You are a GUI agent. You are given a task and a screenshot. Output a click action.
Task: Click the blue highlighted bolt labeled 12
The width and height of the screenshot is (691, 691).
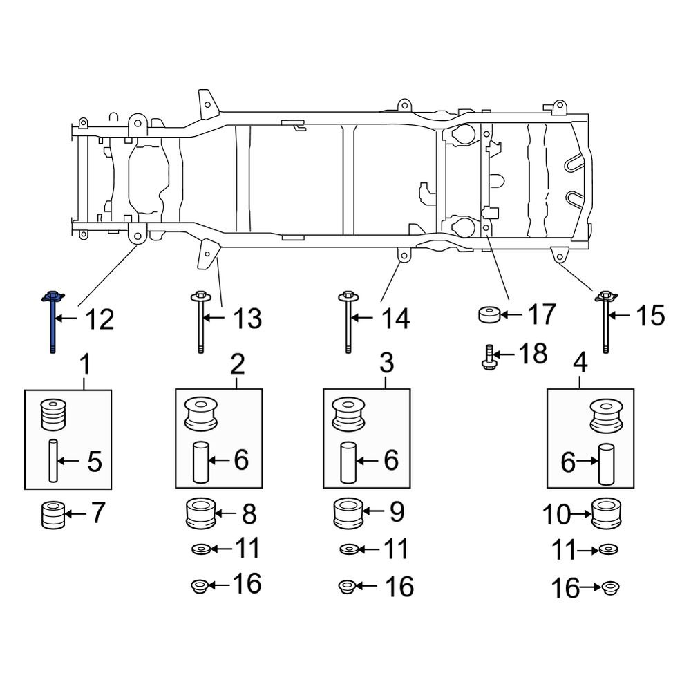(53, 321)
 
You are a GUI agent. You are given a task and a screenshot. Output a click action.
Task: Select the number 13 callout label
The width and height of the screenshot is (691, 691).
(246, 319)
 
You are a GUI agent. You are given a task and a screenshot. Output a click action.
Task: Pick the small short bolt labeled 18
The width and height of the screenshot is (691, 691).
(486, 357)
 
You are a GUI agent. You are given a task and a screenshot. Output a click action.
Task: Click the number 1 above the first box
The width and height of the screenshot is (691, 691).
(86, 361)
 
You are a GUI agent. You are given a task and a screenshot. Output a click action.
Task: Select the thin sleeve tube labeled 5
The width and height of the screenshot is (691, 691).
(53, 460)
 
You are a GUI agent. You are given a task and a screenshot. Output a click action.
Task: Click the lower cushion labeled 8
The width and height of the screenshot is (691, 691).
(202, 515)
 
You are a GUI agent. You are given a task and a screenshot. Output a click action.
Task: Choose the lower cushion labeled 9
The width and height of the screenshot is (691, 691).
(349, 513)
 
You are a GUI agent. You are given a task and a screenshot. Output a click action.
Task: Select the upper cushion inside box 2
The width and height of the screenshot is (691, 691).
(202, 414)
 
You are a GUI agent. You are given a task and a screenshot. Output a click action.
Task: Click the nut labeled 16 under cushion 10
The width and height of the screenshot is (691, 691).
(609, 589)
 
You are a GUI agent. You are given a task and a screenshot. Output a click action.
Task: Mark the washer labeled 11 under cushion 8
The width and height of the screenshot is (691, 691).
(201, 550)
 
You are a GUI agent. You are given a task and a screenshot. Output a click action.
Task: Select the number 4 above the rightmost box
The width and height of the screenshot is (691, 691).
(580, 361)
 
